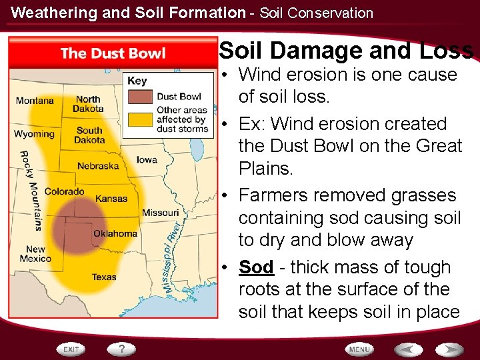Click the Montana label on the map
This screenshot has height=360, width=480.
click(35, 101)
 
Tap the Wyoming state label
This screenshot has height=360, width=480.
click(34, 134)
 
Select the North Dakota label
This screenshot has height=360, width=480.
click(88, 104)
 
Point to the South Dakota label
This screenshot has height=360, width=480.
click(89, 135)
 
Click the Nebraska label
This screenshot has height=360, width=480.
click(98, 166)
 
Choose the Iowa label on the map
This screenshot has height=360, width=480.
click(147, 159)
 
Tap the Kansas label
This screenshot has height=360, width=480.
click(111, 198)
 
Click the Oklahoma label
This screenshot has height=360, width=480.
click(115, 233)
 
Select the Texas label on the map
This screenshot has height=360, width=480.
click(104, 277)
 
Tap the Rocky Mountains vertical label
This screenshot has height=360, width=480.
click(31, 190)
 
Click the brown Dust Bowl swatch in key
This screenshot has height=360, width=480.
click(141, 96)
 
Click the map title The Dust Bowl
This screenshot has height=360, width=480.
click(113, 53)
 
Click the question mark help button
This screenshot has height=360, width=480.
click(122, 349)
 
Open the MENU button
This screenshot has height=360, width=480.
click(359, 349)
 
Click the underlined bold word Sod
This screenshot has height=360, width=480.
click(256, 267)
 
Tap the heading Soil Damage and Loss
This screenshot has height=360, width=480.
click(346, 51)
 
